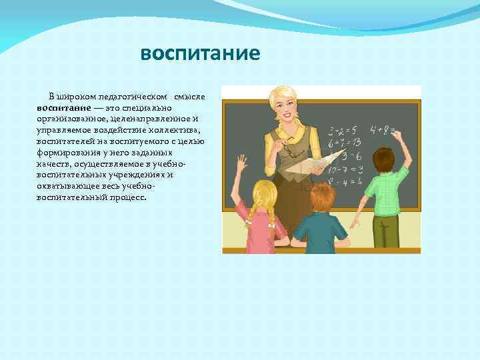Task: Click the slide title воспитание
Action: point(200,53)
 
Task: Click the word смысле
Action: point(191,97)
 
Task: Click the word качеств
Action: point(54,164)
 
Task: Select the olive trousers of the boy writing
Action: point(386,231)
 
